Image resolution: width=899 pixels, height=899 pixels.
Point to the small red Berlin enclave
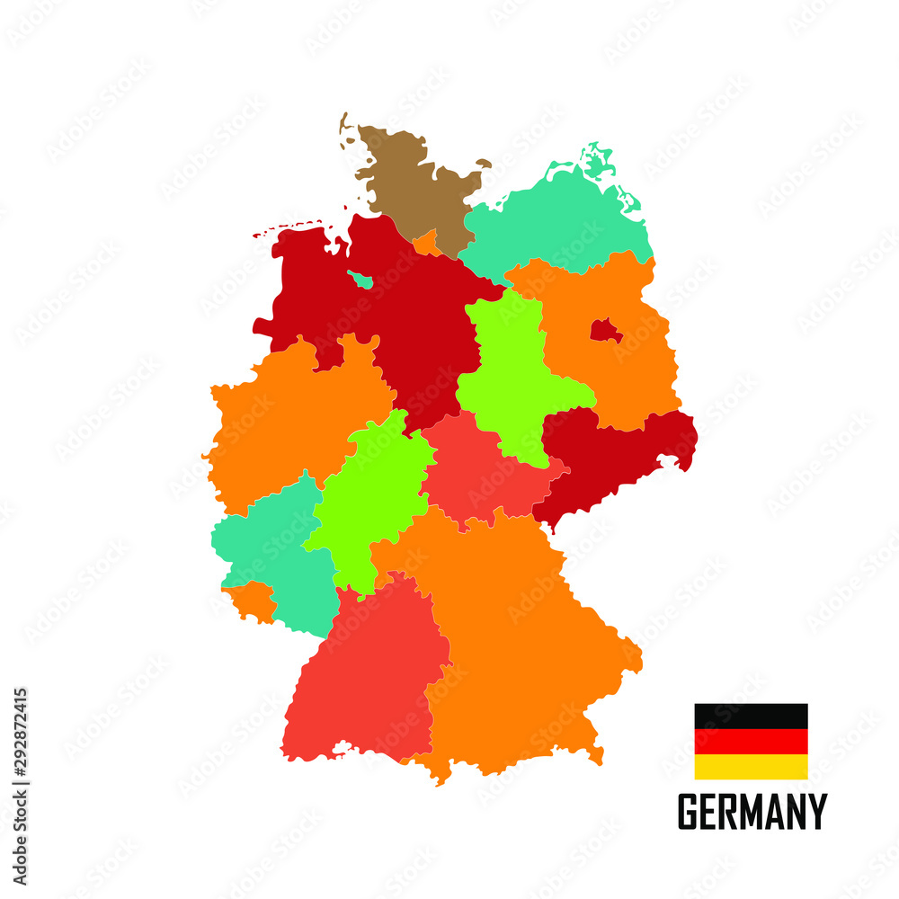pos(605,332)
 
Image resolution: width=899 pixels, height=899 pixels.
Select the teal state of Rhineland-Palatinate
pos(270,548)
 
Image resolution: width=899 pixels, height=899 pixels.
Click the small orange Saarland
pos(252,601)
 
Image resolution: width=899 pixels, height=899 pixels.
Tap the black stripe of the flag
pos(751,716)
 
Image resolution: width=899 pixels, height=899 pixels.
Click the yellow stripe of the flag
pos(751,767)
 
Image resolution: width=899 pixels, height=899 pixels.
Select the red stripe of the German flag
pos(751,742)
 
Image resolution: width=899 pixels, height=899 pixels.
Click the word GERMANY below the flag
pos(752,812)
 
